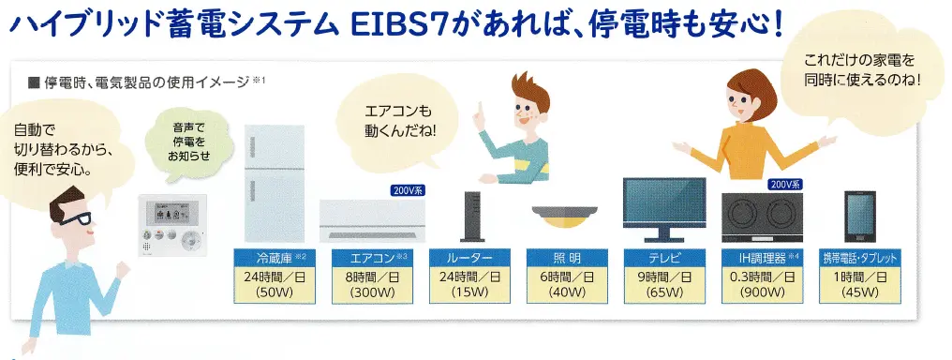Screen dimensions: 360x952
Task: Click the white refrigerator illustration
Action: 275,185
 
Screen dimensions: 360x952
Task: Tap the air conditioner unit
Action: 364,221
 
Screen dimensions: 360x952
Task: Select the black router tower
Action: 470,219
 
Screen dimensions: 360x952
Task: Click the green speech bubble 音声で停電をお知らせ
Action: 185,144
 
